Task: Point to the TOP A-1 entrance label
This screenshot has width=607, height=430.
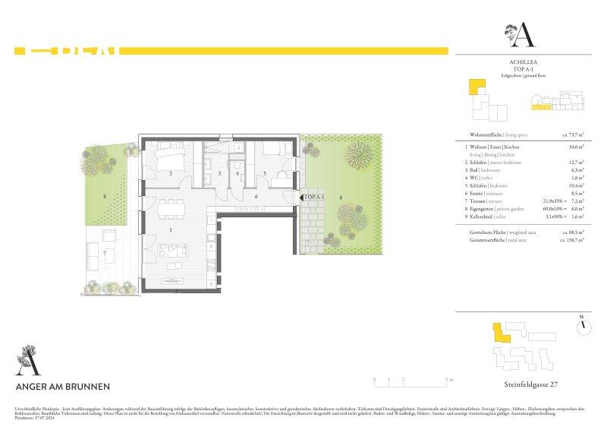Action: (314, 198)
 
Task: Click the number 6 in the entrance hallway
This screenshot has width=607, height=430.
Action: (256, 197)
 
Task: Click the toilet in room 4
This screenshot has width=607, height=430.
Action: (238, 166)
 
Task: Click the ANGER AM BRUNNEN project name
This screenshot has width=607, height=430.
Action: (62, 385)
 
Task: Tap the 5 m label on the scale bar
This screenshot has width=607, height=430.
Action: (451, 378)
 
